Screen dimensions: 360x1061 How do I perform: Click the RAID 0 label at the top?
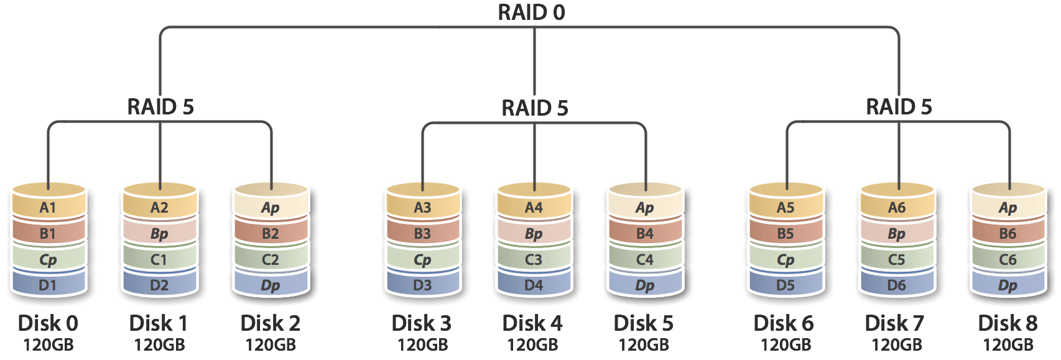pyautogui.click(x=531, y=12)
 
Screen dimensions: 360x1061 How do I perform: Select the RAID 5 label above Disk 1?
pyautogui.click(x=160, y=106)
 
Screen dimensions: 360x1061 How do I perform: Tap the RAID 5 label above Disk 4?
pyautogui.click(x=535, y=108)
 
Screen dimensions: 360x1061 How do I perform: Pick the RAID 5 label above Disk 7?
pyautogui.click(x=899, y=106)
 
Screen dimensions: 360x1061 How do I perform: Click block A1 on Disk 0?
pyautogui.click(x=48, y=208)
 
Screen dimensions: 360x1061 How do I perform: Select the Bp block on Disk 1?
pyautogui.click(x=159, y=234)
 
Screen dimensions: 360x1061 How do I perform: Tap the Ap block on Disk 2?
pyautogui.click(x=271, y=208)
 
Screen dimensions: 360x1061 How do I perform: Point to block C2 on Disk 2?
pyautogui.click(x=271, y=260)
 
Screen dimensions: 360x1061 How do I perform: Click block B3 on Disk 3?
pyautogui.click(x=422, y=234)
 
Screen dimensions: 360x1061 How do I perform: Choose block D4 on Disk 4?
pyautogui.click(x=534, y=285)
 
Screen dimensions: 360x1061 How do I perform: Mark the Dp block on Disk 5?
pyautogui.click(x=645, y=285)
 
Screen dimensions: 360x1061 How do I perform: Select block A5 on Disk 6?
pyautogui.click(x=785, y=208)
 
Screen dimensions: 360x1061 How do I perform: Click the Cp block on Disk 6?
pyautogui.click(x=785, y=260)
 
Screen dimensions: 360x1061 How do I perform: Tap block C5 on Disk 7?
pyautogui.click(x=896, y=260)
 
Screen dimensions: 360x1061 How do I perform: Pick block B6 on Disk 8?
pyautogui.click(x=1008, y=234)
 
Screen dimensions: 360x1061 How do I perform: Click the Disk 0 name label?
pyautogui.click(x=48, y=323)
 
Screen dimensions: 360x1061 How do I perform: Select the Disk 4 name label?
pyautogui.click(x=532, y=323)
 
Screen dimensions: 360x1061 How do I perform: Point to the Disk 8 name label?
pyautogui.click(x=1008, y=323)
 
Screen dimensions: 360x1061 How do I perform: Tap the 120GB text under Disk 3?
pyautogui.click(x=422, y=344)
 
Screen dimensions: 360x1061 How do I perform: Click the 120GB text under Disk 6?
pyautogui.click(x=785, y=344)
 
